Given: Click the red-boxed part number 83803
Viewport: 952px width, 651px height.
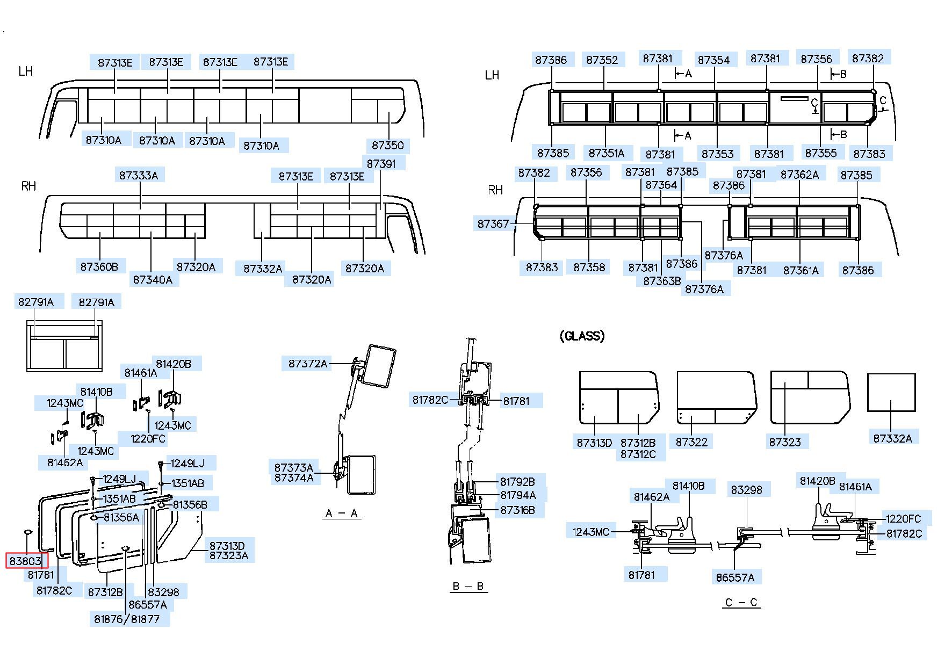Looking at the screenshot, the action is [x=26, y=561].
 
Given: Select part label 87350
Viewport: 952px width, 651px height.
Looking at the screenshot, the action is [x=387, y=145].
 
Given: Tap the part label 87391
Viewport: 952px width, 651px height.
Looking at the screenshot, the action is [x=381, y=163].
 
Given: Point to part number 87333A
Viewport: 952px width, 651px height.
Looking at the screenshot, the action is [x=139, y=175].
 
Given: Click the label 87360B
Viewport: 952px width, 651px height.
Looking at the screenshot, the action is [x=99, y=266].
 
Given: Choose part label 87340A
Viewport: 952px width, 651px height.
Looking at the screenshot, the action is [x=153, y=279].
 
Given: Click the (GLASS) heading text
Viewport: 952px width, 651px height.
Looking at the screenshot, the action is [x=582, y=336].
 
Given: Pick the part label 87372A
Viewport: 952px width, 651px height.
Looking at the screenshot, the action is [x=308, y=364].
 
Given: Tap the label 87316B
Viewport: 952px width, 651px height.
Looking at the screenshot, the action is [x=517, y=510].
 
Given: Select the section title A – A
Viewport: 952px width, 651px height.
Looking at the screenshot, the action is [x=342, y=513].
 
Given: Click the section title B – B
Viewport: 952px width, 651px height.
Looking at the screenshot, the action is [x=468, y=586].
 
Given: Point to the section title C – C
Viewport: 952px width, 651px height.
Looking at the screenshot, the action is [x=741, y=602].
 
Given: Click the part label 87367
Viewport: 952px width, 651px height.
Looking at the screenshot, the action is [x=493, y=223].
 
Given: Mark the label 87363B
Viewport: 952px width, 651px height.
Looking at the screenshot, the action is [x=662, y=281].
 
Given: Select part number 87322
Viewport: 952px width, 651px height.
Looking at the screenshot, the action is [x=692, y=442].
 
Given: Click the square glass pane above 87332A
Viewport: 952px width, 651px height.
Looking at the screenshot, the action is [x=891, y=393].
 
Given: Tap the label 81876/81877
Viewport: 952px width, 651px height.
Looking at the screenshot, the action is [x=127, y=619].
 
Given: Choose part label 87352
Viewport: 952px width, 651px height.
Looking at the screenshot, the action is [x=602, y=60].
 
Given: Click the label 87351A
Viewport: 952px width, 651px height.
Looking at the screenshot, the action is [x=607, y=153].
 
